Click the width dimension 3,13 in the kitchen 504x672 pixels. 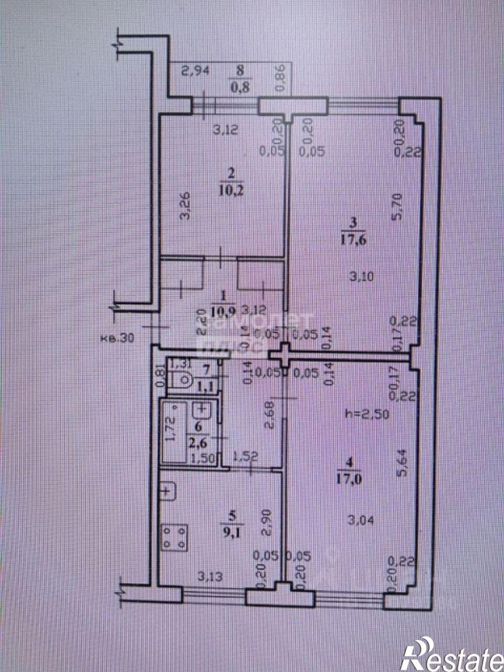209,575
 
